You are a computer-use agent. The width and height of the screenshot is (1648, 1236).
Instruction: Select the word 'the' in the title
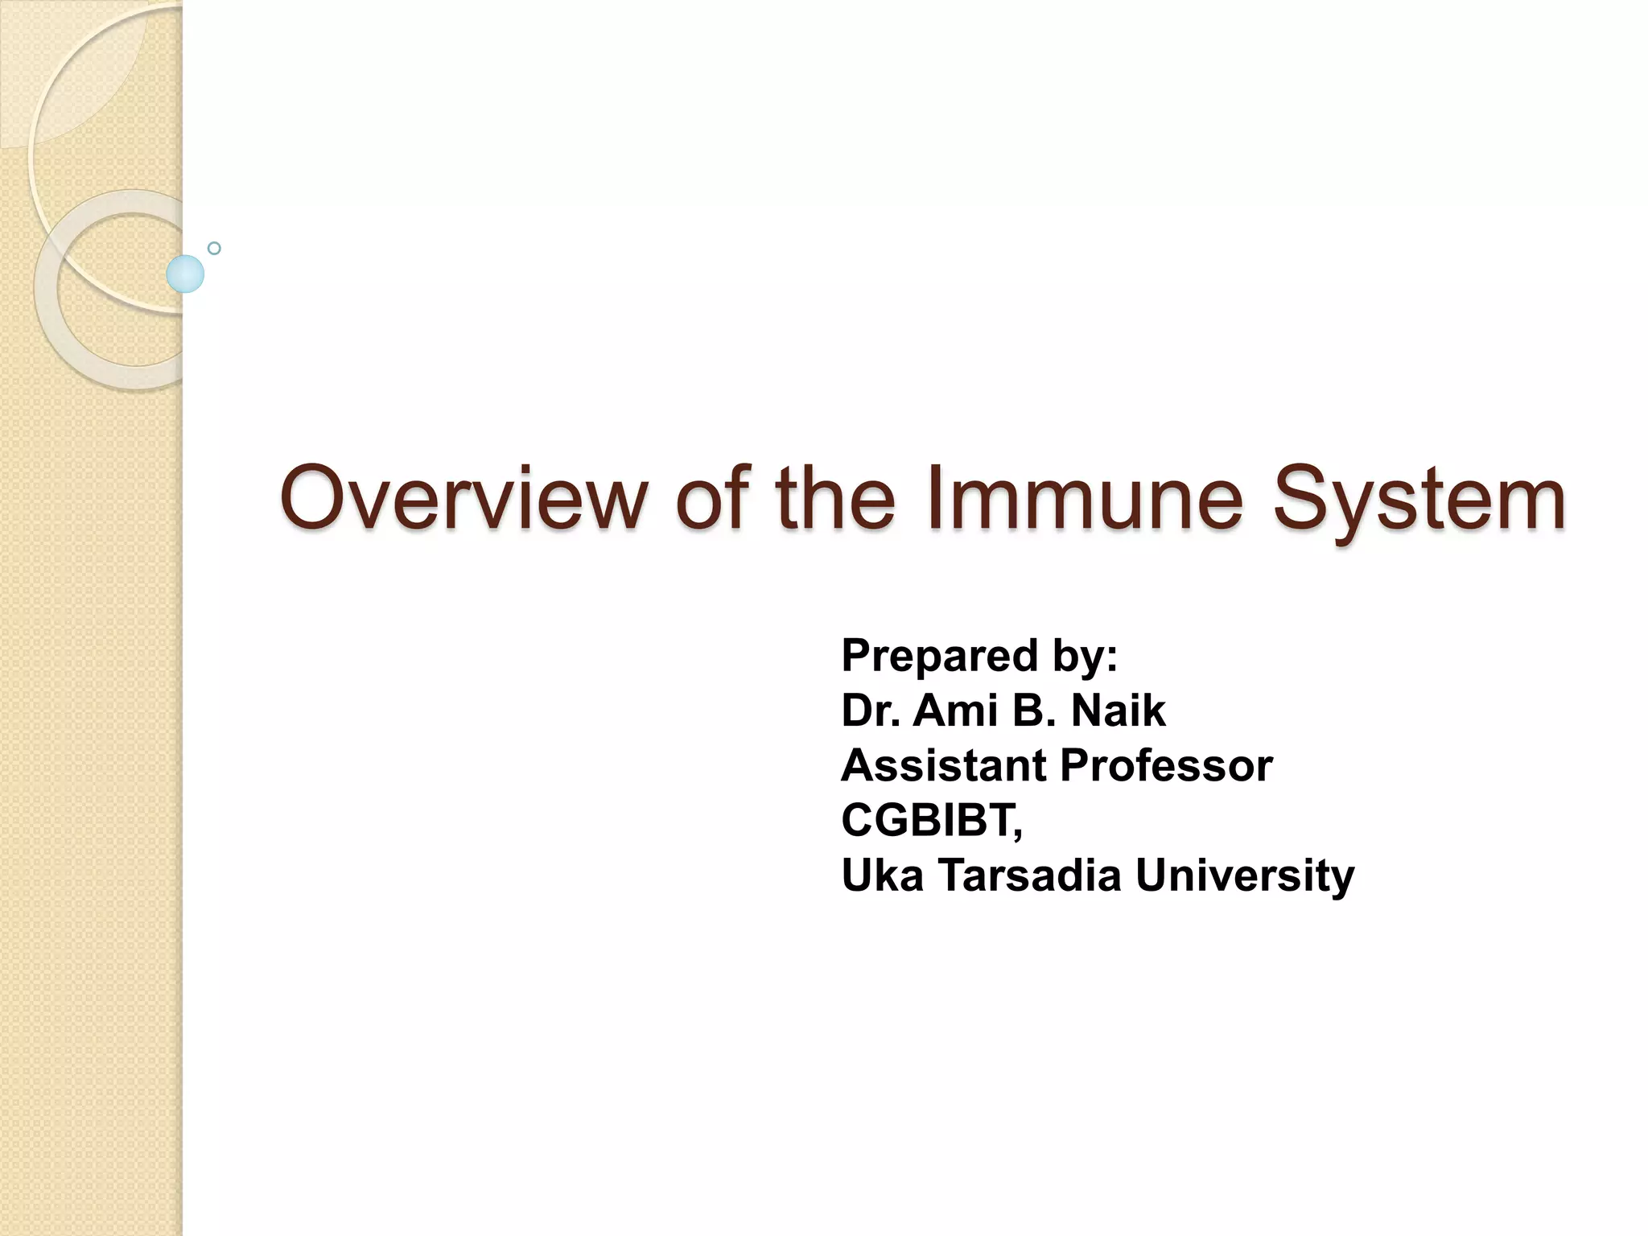click(x=834, y=499)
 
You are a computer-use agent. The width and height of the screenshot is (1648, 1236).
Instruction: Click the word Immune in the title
click(x=1085, y=499)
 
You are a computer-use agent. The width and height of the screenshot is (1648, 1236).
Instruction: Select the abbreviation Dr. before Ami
click(x=870, y=711)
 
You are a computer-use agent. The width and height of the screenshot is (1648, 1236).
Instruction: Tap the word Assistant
click(x=943, y=765)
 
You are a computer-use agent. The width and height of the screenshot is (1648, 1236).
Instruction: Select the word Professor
click(x=1166, y=765)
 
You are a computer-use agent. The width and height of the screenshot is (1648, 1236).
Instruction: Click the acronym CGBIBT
click(x=929, y=820)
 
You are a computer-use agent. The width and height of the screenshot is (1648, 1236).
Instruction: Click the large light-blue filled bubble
click(x=185, y=274)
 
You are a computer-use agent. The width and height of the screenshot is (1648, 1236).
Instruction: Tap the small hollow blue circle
click(x=214, y=248)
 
